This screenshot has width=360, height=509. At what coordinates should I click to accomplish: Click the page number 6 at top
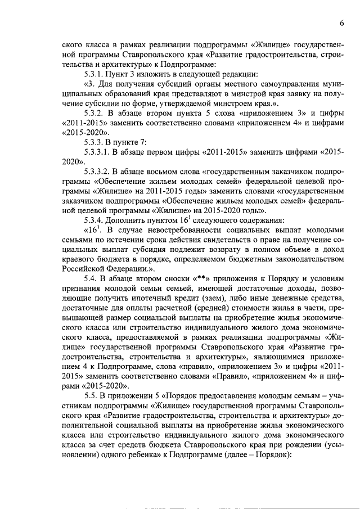coord(341,22)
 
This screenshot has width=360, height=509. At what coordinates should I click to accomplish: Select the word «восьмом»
coord(157,172)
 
